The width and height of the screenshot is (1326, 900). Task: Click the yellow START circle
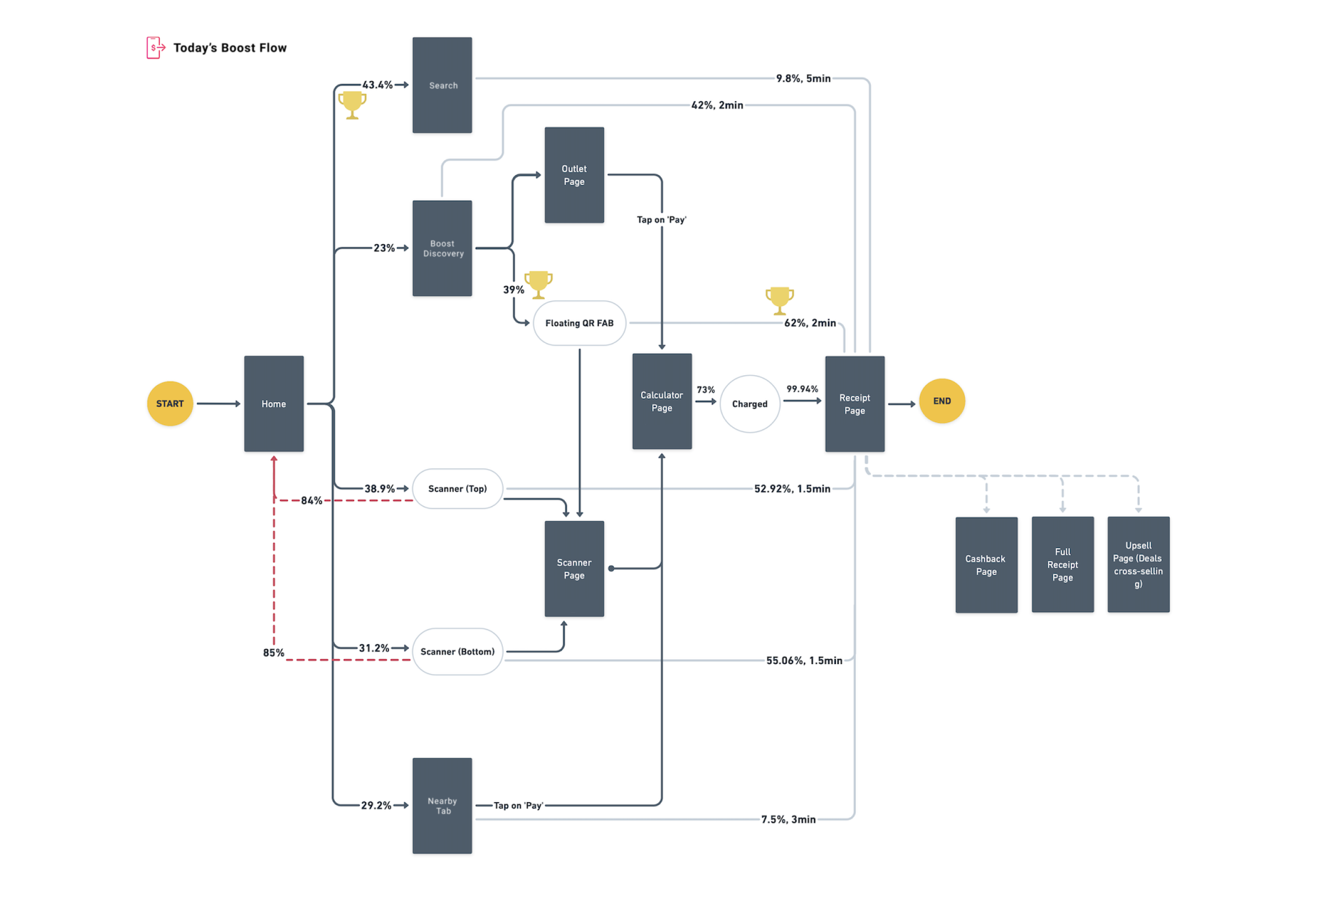(170, 403)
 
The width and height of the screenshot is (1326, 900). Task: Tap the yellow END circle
(941, 401)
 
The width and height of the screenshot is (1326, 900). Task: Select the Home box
(274, 403)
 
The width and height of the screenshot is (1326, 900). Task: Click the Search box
(442, 85)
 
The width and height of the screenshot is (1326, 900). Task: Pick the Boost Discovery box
(442, 248)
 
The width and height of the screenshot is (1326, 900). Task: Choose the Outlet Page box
(574, 175)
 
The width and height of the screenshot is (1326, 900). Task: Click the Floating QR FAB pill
(579, 323)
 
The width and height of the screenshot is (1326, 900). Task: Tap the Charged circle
(750, 403)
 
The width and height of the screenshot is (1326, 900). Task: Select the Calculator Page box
(662, 401)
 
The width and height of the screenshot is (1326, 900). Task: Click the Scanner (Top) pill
(457, 488)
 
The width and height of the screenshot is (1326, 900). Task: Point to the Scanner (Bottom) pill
(457, 651)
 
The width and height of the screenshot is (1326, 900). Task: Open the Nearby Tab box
(442, 806)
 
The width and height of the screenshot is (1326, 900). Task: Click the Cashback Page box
(986, 565)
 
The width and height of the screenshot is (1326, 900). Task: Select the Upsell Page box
(1138, 565)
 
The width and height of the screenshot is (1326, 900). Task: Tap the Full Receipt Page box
(1062, 565)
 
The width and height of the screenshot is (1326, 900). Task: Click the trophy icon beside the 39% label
(538, 285)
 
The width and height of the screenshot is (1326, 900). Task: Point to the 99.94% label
(802, 388)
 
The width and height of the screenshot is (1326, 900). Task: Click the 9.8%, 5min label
(803, 78)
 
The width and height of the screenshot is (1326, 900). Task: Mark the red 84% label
(312, 501)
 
